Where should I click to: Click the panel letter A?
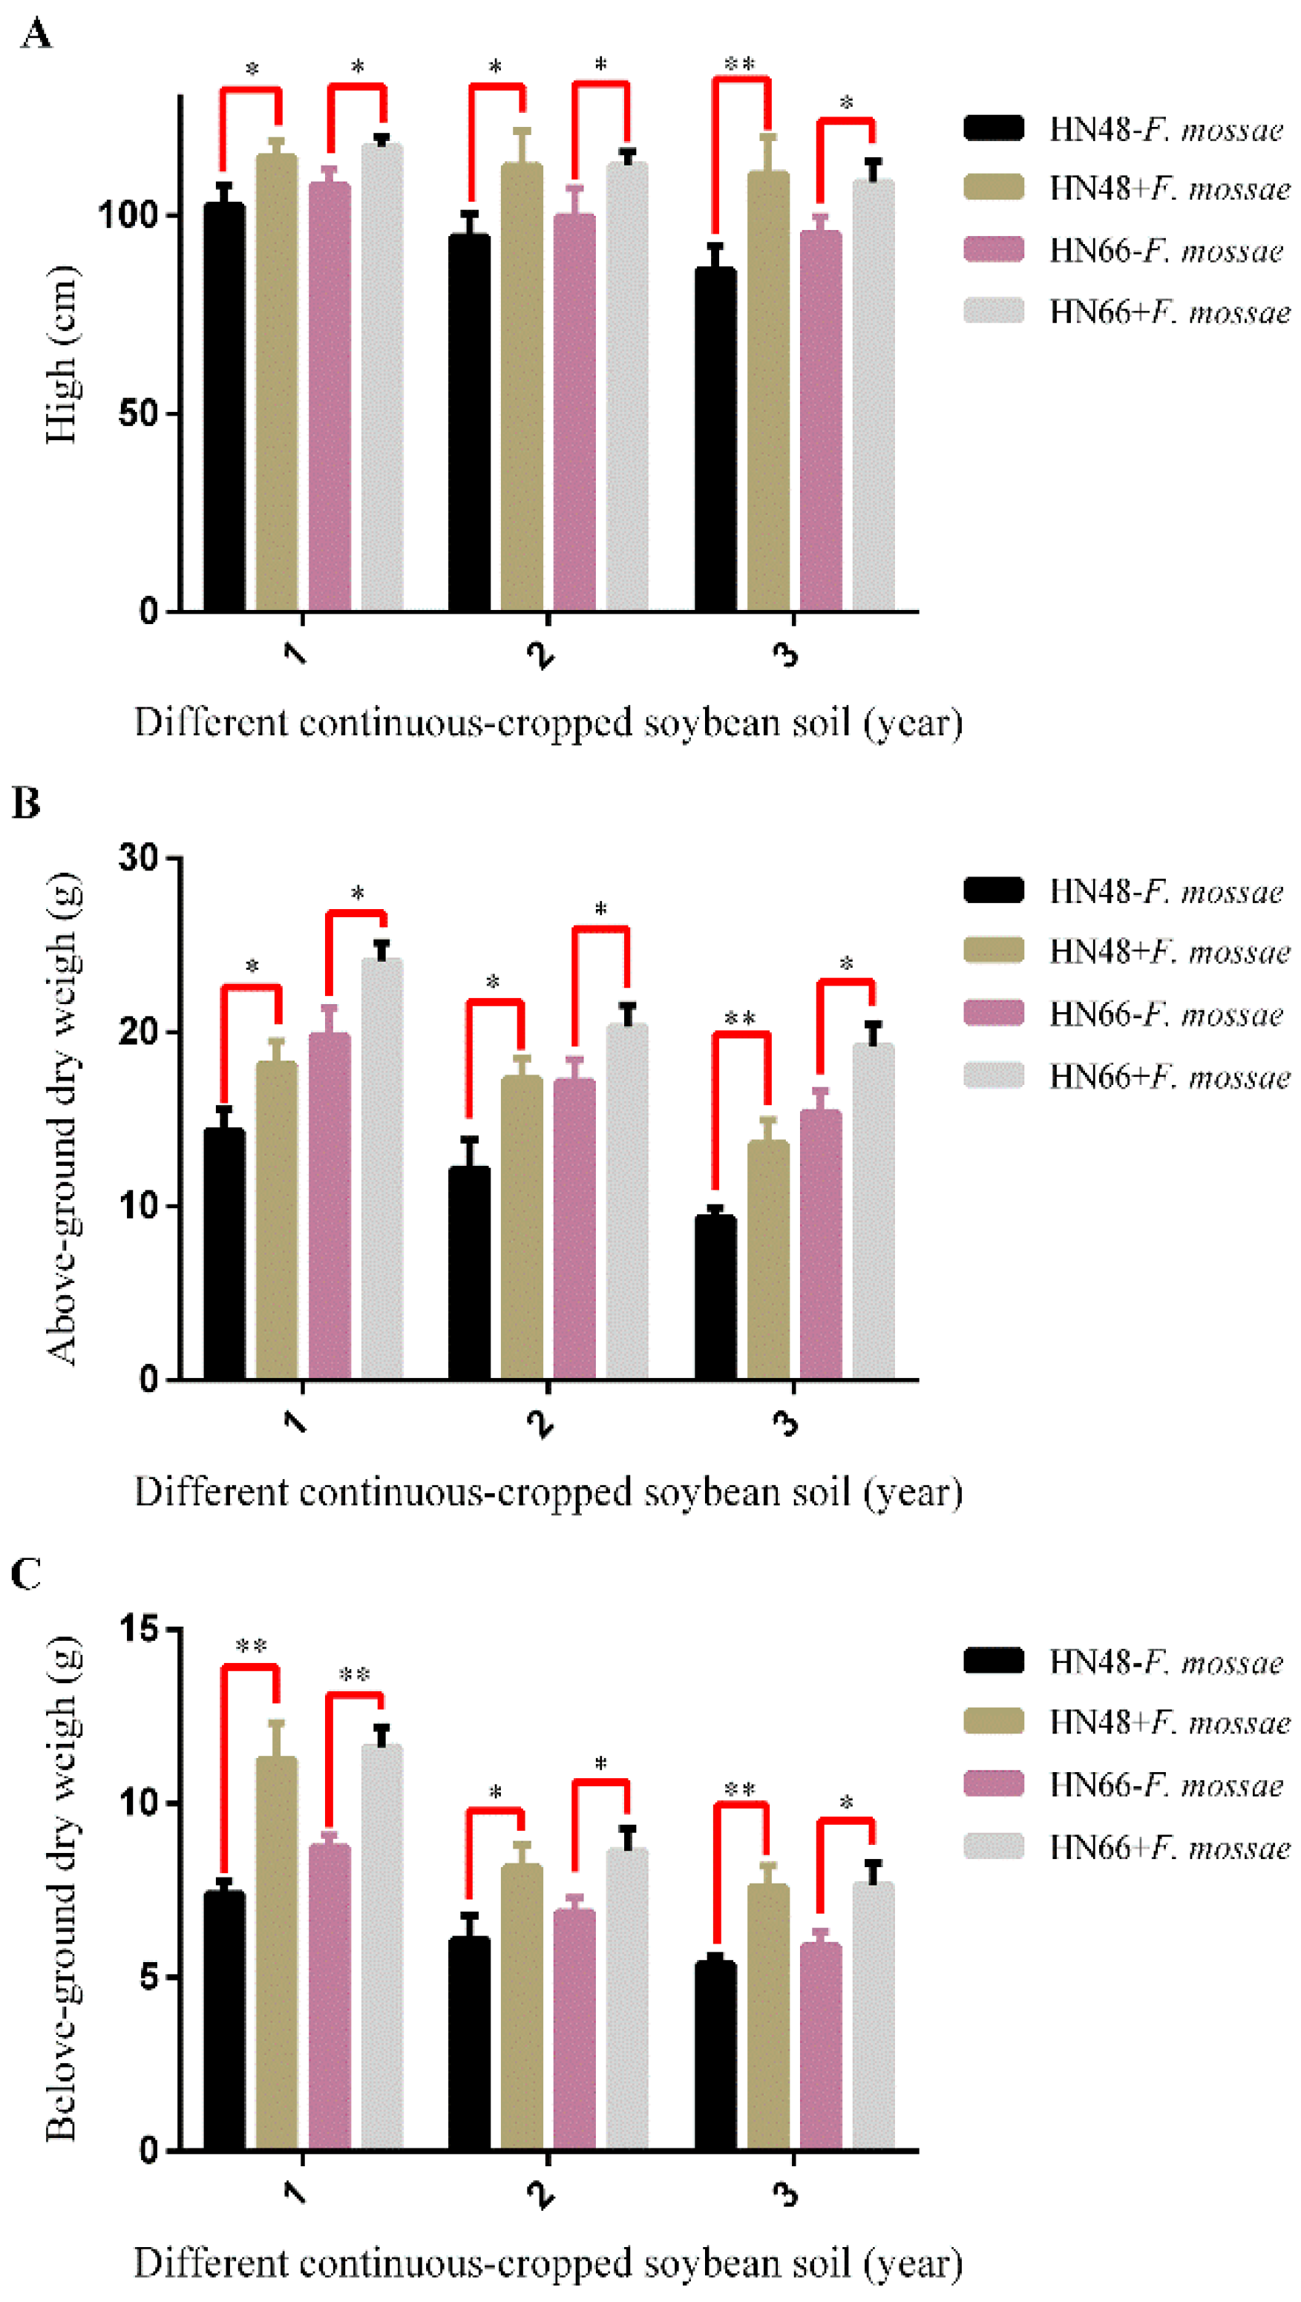pyautogui.click(x=36, y=35)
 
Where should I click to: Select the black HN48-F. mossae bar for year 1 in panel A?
pyautogui.click(x=224, y=407)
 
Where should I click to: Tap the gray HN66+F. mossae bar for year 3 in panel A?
pyautogui.click(x=873, y=395)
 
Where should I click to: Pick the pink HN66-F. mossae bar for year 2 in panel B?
pyautogui.click(x=574, y=1229)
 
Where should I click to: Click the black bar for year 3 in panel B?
pyautogui.click(x=715, y=1297)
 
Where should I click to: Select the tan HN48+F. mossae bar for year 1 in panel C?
pyautogui.click(x=277, y=1952)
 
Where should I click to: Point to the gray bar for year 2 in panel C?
pyautogui.click(x=627, y=1998)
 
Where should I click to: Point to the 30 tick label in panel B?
pyautogui.click(x=139, y=857)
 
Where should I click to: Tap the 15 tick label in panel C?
pyautogui.click(x=139, y=1628)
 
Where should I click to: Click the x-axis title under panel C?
pyautogui.click(x=548, y=2263)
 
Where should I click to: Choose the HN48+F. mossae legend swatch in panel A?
pyautogui.click(x=994, y=187)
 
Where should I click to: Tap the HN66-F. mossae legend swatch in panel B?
pyautogui.click(x=994, y=1012)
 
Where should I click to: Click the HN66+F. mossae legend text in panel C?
pyautogui.click(x=1170, y=1846)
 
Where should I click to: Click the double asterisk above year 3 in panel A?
pyautogui.click(x=740, y=62)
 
